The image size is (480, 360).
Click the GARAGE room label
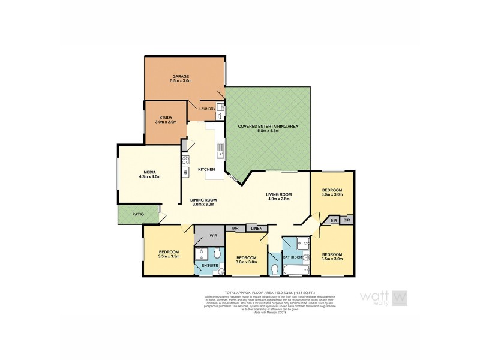pyautogui.click(x=181, y=77)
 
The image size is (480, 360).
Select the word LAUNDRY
pyautogui.click(x=208, y=109)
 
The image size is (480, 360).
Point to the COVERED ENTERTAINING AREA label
pyautogui.click(x=268, y=127)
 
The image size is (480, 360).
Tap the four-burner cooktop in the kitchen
pyautogui.click(x=185, y=160)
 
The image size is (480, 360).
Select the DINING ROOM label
pyautogui.click(x=204, y=200)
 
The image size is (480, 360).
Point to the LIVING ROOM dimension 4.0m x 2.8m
pyautogui.click(x=278, y=199)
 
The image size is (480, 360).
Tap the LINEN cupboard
pyautogui.click(x=257, y=229)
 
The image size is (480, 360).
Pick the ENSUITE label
pyautogui.click(x=209, y=265)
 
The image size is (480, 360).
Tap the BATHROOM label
pyautogui.click(x=292, y=257)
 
